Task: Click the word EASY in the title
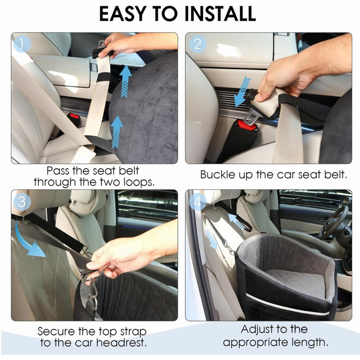click(122, 14)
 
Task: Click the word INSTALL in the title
click(220, 14)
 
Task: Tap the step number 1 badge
click(22, 44)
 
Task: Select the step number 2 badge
click(197, 44)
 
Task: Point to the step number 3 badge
click(22, 202)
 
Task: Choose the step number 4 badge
click(197, 202)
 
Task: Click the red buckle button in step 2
click(247, 125)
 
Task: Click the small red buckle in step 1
click(75, 116)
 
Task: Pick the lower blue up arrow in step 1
click(117, 132)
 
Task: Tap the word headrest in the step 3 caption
click(121, 343)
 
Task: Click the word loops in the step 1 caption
click(139, 182)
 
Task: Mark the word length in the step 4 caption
click(310, 343)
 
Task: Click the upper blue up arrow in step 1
click(125, 81)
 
